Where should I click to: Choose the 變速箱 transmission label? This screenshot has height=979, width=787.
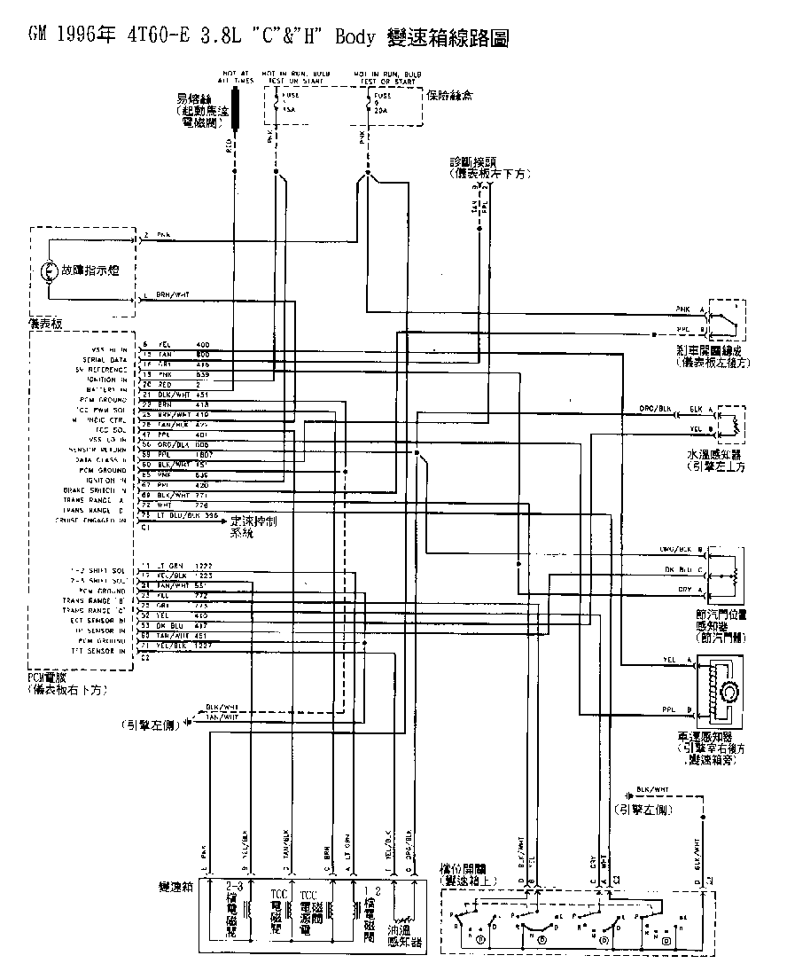coord(175,887)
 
